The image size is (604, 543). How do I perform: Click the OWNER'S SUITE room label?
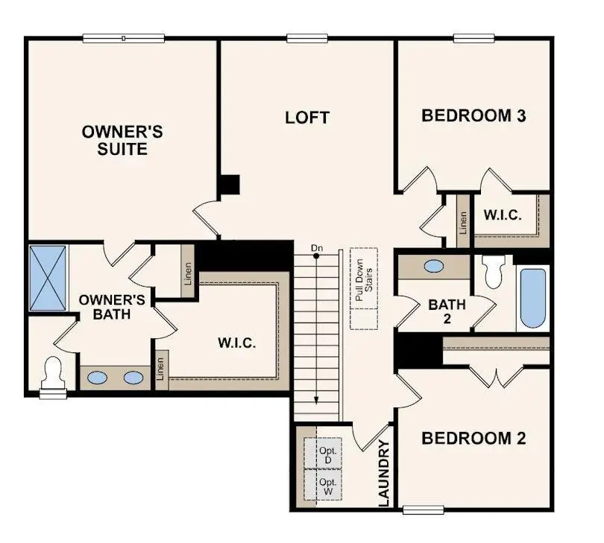point(123,140)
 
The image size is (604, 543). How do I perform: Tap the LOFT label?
point(307,118)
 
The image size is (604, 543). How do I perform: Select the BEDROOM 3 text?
point(474,115)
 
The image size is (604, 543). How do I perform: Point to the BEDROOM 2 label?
point(474,438)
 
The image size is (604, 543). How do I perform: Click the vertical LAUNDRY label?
point(384,474)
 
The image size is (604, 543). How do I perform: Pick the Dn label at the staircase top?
point(317,247)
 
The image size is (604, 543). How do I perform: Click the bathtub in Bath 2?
point(532,298)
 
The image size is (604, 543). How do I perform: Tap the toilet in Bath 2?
point(494,272)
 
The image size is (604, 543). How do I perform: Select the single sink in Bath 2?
point(433,266)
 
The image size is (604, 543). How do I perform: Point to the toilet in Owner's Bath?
point(53,372)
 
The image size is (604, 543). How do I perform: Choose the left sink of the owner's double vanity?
point(97,378)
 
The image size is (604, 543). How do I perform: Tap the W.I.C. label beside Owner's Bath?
point(237,343)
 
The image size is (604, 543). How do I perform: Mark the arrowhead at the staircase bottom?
point(316,399)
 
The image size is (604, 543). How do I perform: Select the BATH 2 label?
point(447,311)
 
